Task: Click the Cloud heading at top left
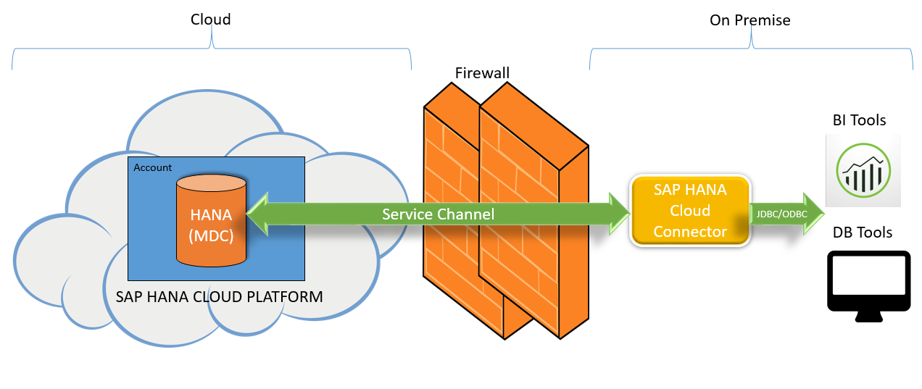click(210, 20)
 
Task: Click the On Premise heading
click(749, 20)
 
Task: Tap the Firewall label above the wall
click(482, 72)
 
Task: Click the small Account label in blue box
click(153, 167)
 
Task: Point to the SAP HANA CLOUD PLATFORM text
click(220, 297)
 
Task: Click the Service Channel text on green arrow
click(438, 214)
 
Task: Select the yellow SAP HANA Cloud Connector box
click(689, 210)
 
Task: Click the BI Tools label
click(859, 120)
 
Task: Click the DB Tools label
click(862, 233)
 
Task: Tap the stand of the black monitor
click(868, 316)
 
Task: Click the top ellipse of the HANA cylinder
click(211, 183)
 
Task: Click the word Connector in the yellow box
click(689, 232)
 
